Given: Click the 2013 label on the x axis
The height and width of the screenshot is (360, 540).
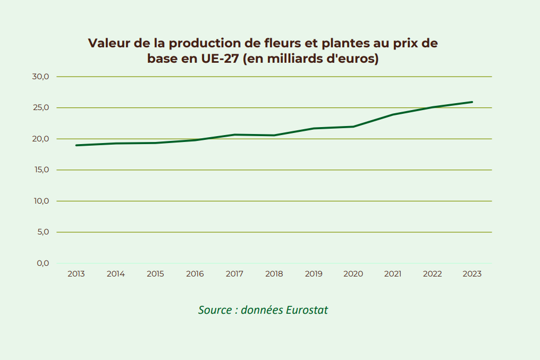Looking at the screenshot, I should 76,274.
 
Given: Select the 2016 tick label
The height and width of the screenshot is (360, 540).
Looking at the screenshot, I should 195,274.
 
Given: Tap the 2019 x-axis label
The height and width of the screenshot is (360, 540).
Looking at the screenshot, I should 314,274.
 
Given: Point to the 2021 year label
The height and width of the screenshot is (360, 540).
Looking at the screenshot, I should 393,274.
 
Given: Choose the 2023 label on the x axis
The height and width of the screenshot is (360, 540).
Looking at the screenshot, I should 472,274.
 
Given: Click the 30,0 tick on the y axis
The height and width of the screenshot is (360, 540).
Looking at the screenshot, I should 40,77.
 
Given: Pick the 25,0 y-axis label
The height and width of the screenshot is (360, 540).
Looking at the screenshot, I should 40,108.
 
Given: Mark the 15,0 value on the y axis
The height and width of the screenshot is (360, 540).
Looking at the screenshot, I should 40,170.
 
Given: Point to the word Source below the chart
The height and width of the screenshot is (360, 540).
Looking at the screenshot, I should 215,310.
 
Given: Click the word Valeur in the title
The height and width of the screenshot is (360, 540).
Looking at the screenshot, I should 109,44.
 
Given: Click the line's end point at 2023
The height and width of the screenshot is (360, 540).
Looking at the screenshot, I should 472,102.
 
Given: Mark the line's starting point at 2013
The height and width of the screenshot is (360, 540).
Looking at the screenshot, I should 77,145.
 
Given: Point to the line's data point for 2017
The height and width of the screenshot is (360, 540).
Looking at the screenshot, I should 234,135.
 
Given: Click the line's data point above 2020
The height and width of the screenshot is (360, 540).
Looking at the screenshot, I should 353,127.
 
